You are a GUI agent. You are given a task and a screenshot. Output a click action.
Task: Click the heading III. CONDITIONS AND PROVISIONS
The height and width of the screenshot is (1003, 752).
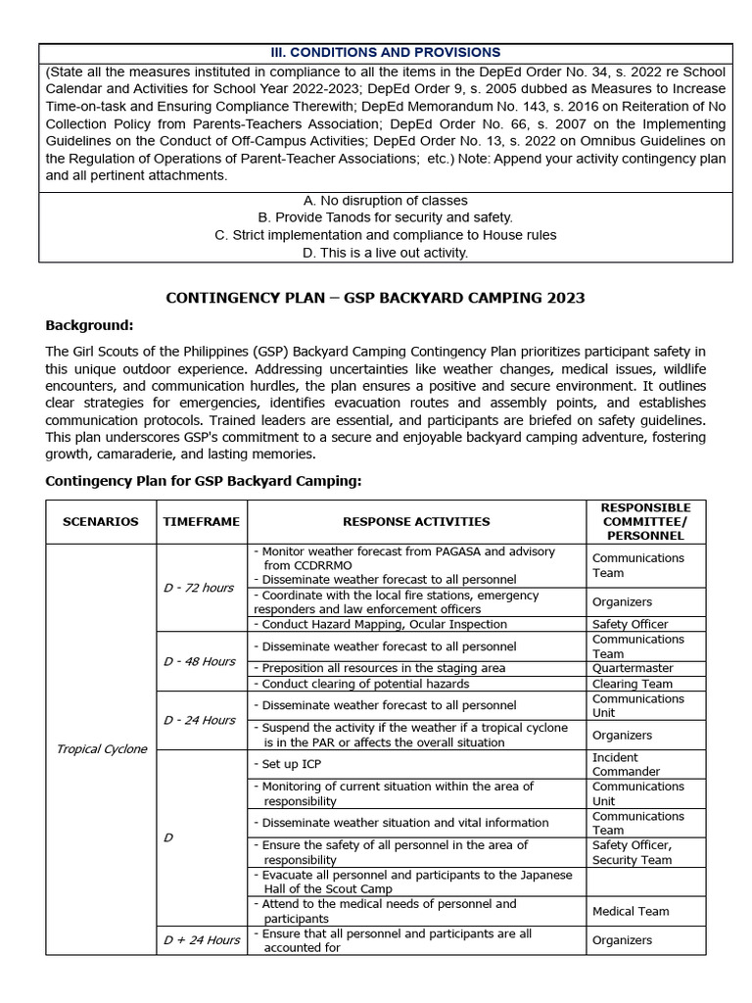point(385,52)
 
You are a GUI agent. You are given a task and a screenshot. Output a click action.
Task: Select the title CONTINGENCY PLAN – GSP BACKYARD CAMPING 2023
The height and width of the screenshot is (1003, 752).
point(375,298)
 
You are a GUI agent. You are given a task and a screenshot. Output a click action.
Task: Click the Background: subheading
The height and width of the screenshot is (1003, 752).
point(89,325)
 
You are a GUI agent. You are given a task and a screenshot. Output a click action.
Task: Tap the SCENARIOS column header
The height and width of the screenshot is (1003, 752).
point(101,522)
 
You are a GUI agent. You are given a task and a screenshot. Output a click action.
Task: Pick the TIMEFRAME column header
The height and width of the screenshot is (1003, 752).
point(202,522)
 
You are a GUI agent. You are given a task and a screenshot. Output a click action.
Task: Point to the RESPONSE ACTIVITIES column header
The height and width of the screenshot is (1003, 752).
point(416,522)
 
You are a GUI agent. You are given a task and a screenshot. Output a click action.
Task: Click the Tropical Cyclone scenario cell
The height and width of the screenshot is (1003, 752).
point(101,749)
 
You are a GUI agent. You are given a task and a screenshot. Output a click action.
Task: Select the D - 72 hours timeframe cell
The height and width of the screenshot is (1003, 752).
point(199,588)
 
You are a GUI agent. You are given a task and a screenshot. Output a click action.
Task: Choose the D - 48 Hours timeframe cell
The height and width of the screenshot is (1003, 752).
point(200,661)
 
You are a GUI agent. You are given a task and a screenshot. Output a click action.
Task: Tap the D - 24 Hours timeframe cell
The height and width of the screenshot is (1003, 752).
point(200,720)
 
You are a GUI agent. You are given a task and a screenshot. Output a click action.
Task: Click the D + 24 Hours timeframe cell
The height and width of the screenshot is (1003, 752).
point(202,940)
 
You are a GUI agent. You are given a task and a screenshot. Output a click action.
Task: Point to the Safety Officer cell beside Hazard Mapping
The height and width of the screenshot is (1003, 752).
point(630,624)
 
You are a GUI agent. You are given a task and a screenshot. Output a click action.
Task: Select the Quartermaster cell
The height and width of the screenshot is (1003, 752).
point(633,668)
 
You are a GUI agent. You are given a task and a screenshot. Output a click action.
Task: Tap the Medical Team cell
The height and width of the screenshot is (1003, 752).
point(631,911)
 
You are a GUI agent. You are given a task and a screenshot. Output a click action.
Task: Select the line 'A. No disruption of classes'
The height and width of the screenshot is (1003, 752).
point(385,201)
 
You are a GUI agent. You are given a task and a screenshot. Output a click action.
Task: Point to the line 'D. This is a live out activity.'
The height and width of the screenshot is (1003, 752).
point(385,253)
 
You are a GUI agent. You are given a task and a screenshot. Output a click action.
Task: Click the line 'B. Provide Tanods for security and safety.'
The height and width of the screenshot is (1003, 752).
point(385,217)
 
